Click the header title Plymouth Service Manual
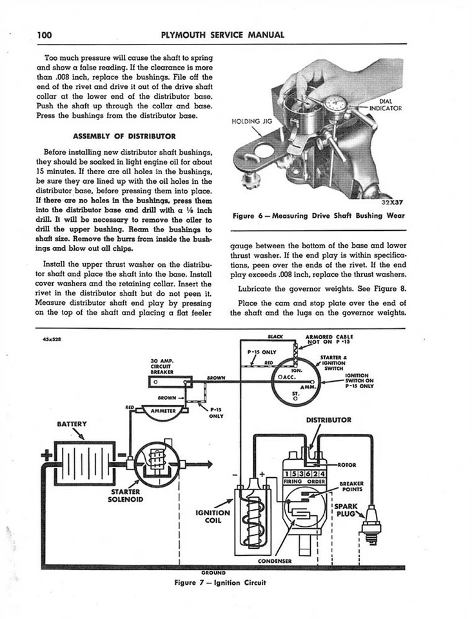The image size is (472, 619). click(223, 34)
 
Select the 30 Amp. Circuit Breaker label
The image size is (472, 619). click(161, 366)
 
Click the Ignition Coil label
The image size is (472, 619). click(212, 516)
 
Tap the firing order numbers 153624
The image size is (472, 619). click(304, 474)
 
